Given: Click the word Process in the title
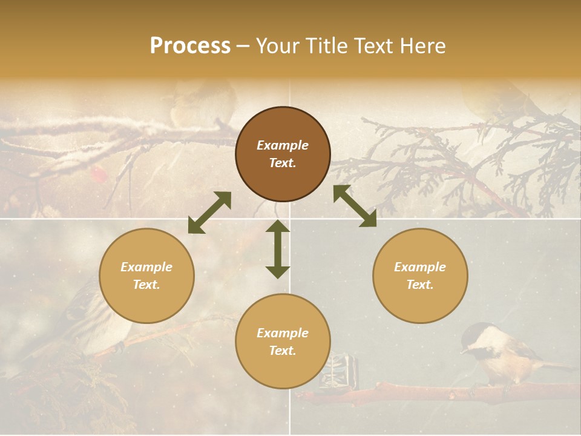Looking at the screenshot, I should [190, 46].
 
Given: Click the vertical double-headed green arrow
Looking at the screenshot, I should [278, 249].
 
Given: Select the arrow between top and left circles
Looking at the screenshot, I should [209, 213].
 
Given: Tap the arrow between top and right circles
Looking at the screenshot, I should [355, 206].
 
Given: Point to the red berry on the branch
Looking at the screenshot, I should [98, 175].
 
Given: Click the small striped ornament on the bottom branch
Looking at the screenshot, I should [338, 370].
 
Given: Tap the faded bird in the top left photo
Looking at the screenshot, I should [203, 103].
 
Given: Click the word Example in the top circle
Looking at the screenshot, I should [283, 145].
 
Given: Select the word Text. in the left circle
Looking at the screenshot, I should [146, 285].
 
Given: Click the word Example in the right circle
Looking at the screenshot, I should [420, 267].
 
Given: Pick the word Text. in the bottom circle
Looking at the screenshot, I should [283, 351].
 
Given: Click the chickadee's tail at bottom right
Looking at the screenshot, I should [554, 365].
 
